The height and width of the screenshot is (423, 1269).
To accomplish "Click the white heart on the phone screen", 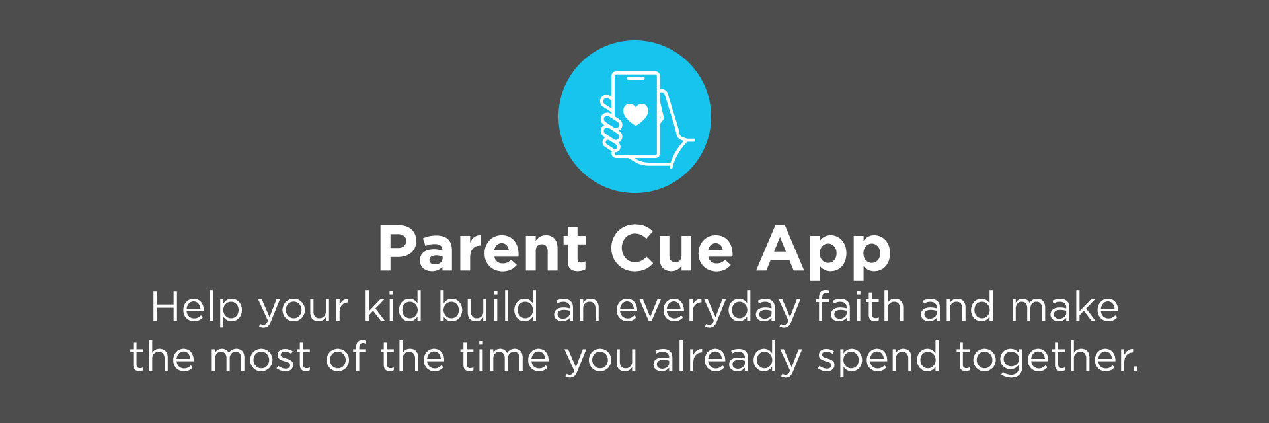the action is (636, 114).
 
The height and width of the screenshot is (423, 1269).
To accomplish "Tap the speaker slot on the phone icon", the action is (636, 79).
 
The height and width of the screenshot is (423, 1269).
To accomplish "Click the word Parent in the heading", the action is (482, 249).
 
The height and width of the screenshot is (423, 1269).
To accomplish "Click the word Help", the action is (197, 308).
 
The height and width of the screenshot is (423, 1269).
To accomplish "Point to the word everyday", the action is (707, 309).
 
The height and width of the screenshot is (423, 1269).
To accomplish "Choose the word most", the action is (260, 358).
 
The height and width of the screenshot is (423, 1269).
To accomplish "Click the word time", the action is (505, 357).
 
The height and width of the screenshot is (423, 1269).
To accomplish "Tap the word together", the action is (1048, 359).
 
